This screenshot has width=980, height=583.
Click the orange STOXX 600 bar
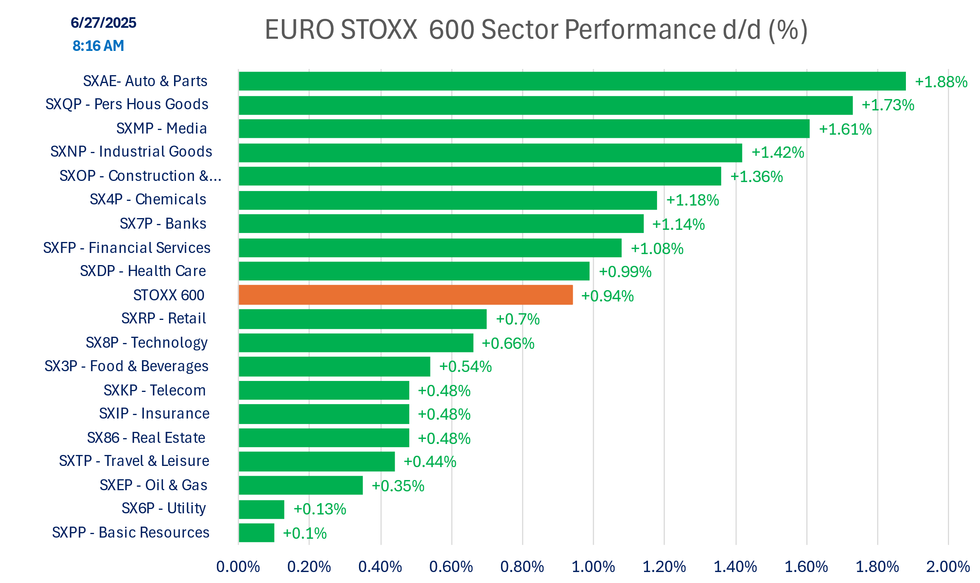[x=405, y=295]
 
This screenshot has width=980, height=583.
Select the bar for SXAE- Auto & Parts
[x=572, y=81]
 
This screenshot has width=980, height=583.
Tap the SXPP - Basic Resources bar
[x=256, y=533]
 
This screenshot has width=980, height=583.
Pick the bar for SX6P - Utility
[x=261, y=509]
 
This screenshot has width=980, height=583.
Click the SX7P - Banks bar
[x=441, y=224]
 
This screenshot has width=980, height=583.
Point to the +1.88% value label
[x=941, y=82]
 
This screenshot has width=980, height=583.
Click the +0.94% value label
[x=607, y=296]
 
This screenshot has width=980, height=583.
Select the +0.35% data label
[x=398, y=486]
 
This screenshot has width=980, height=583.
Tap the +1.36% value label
[x=756, y=177]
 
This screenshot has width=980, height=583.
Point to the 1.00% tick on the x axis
[x=593, y=567]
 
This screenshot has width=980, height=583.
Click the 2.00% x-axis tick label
[x=948, y=567]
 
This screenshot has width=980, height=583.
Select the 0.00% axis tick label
[x=238, y=567]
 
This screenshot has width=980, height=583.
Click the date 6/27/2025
[x=103, y=23]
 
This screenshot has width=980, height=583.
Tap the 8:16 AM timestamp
[x=98, y=46]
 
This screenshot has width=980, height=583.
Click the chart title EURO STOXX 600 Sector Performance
[x=536, y=29]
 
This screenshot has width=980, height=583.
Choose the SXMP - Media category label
[x=162, y=128]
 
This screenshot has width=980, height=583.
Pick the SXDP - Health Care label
[x=143, y=271]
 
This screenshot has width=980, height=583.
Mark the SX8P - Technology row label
[x=147, y=343]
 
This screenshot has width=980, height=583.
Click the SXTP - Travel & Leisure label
[x=134, y=461]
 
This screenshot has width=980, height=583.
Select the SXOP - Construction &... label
[x=140, y=176]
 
